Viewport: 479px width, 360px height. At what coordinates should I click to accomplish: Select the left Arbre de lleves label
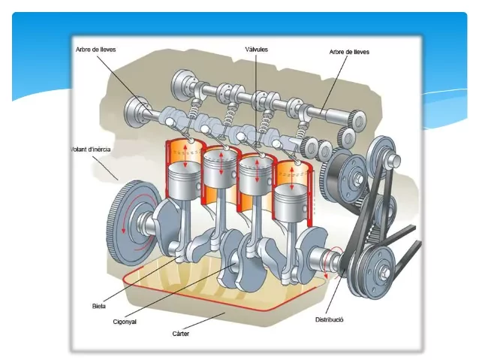pos(95,50)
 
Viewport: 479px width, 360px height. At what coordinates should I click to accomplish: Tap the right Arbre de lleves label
pos(349,52)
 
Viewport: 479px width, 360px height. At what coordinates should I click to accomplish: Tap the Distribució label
pos(329,319)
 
